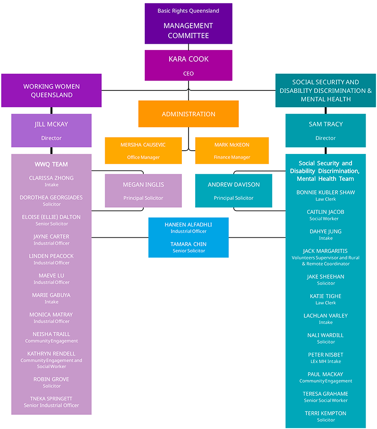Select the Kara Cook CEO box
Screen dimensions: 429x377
(188, 65)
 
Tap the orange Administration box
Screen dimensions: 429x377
(188, 114)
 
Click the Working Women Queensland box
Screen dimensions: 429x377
(51, 90)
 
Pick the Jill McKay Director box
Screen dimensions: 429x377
(51, 130)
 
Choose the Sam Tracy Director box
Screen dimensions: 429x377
(326, 130)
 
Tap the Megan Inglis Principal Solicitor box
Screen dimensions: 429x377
(143, 191)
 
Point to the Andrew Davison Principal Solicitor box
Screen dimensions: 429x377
(234, 191)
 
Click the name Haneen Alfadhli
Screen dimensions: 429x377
(188, 225)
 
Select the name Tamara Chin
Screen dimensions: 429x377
(188, 244)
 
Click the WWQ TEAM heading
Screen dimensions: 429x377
(51, 164)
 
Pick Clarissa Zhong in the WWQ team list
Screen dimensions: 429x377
(51, 178)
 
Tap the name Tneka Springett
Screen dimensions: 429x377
(51, 398)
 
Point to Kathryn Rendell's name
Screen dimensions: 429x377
(51, 354)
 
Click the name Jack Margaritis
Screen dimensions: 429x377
(326, 251)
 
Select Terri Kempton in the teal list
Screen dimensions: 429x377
(326, 413)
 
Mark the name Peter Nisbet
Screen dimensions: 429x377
(326, 355)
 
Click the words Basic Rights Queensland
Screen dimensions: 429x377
(188, 11)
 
